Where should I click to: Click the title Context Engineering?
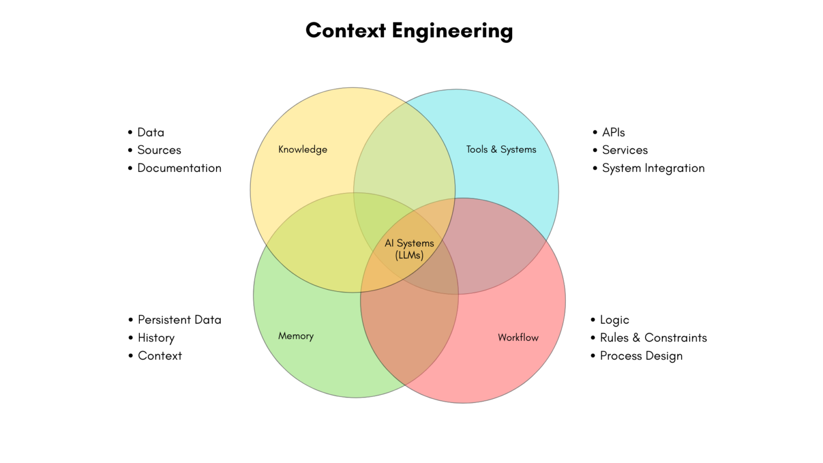[409, 31]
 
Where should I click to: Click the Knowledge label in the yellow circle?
[303, 150]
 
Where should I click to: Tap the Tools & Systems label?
[501, 150]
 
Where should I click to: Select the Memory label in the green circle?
[296, 336]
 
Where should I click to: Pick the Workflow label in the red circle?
[518, 338]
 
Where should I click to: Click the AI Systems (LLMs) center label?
[409, 249]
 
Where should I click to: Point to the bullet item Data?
[151, 132]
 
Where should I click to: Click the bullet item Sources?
[159, 150]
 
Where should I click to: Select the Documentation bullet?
[179, 168]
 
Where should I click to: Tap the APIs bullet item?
[613, 132]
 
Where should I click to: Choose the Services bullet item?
[625, 150]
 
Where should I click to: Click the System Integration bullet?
[653, 168]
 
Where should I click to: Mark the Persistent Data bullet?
[179, 320]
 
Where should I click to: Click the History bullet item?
[156, 338]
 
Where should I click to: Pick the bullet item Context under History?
[160, 356]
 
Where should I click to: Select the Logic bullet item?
[614, 320]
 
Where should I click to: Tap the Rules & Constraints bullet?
[653, 338]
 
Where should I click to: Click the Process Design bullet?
[641, 356]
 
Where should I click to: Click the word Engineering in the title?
[452, 31]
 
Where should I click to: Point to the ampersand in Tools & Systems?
[494, 150]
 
